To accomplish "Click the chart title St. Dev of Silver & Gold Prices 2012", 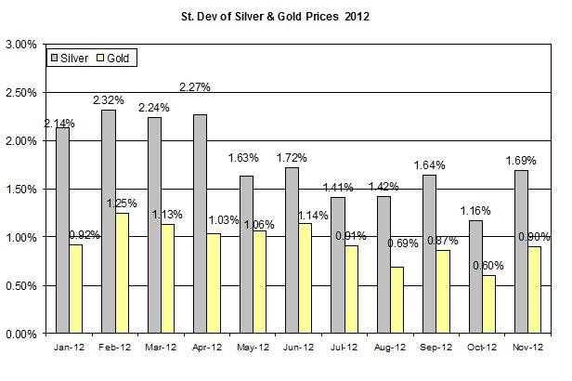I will click(285, 16).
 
